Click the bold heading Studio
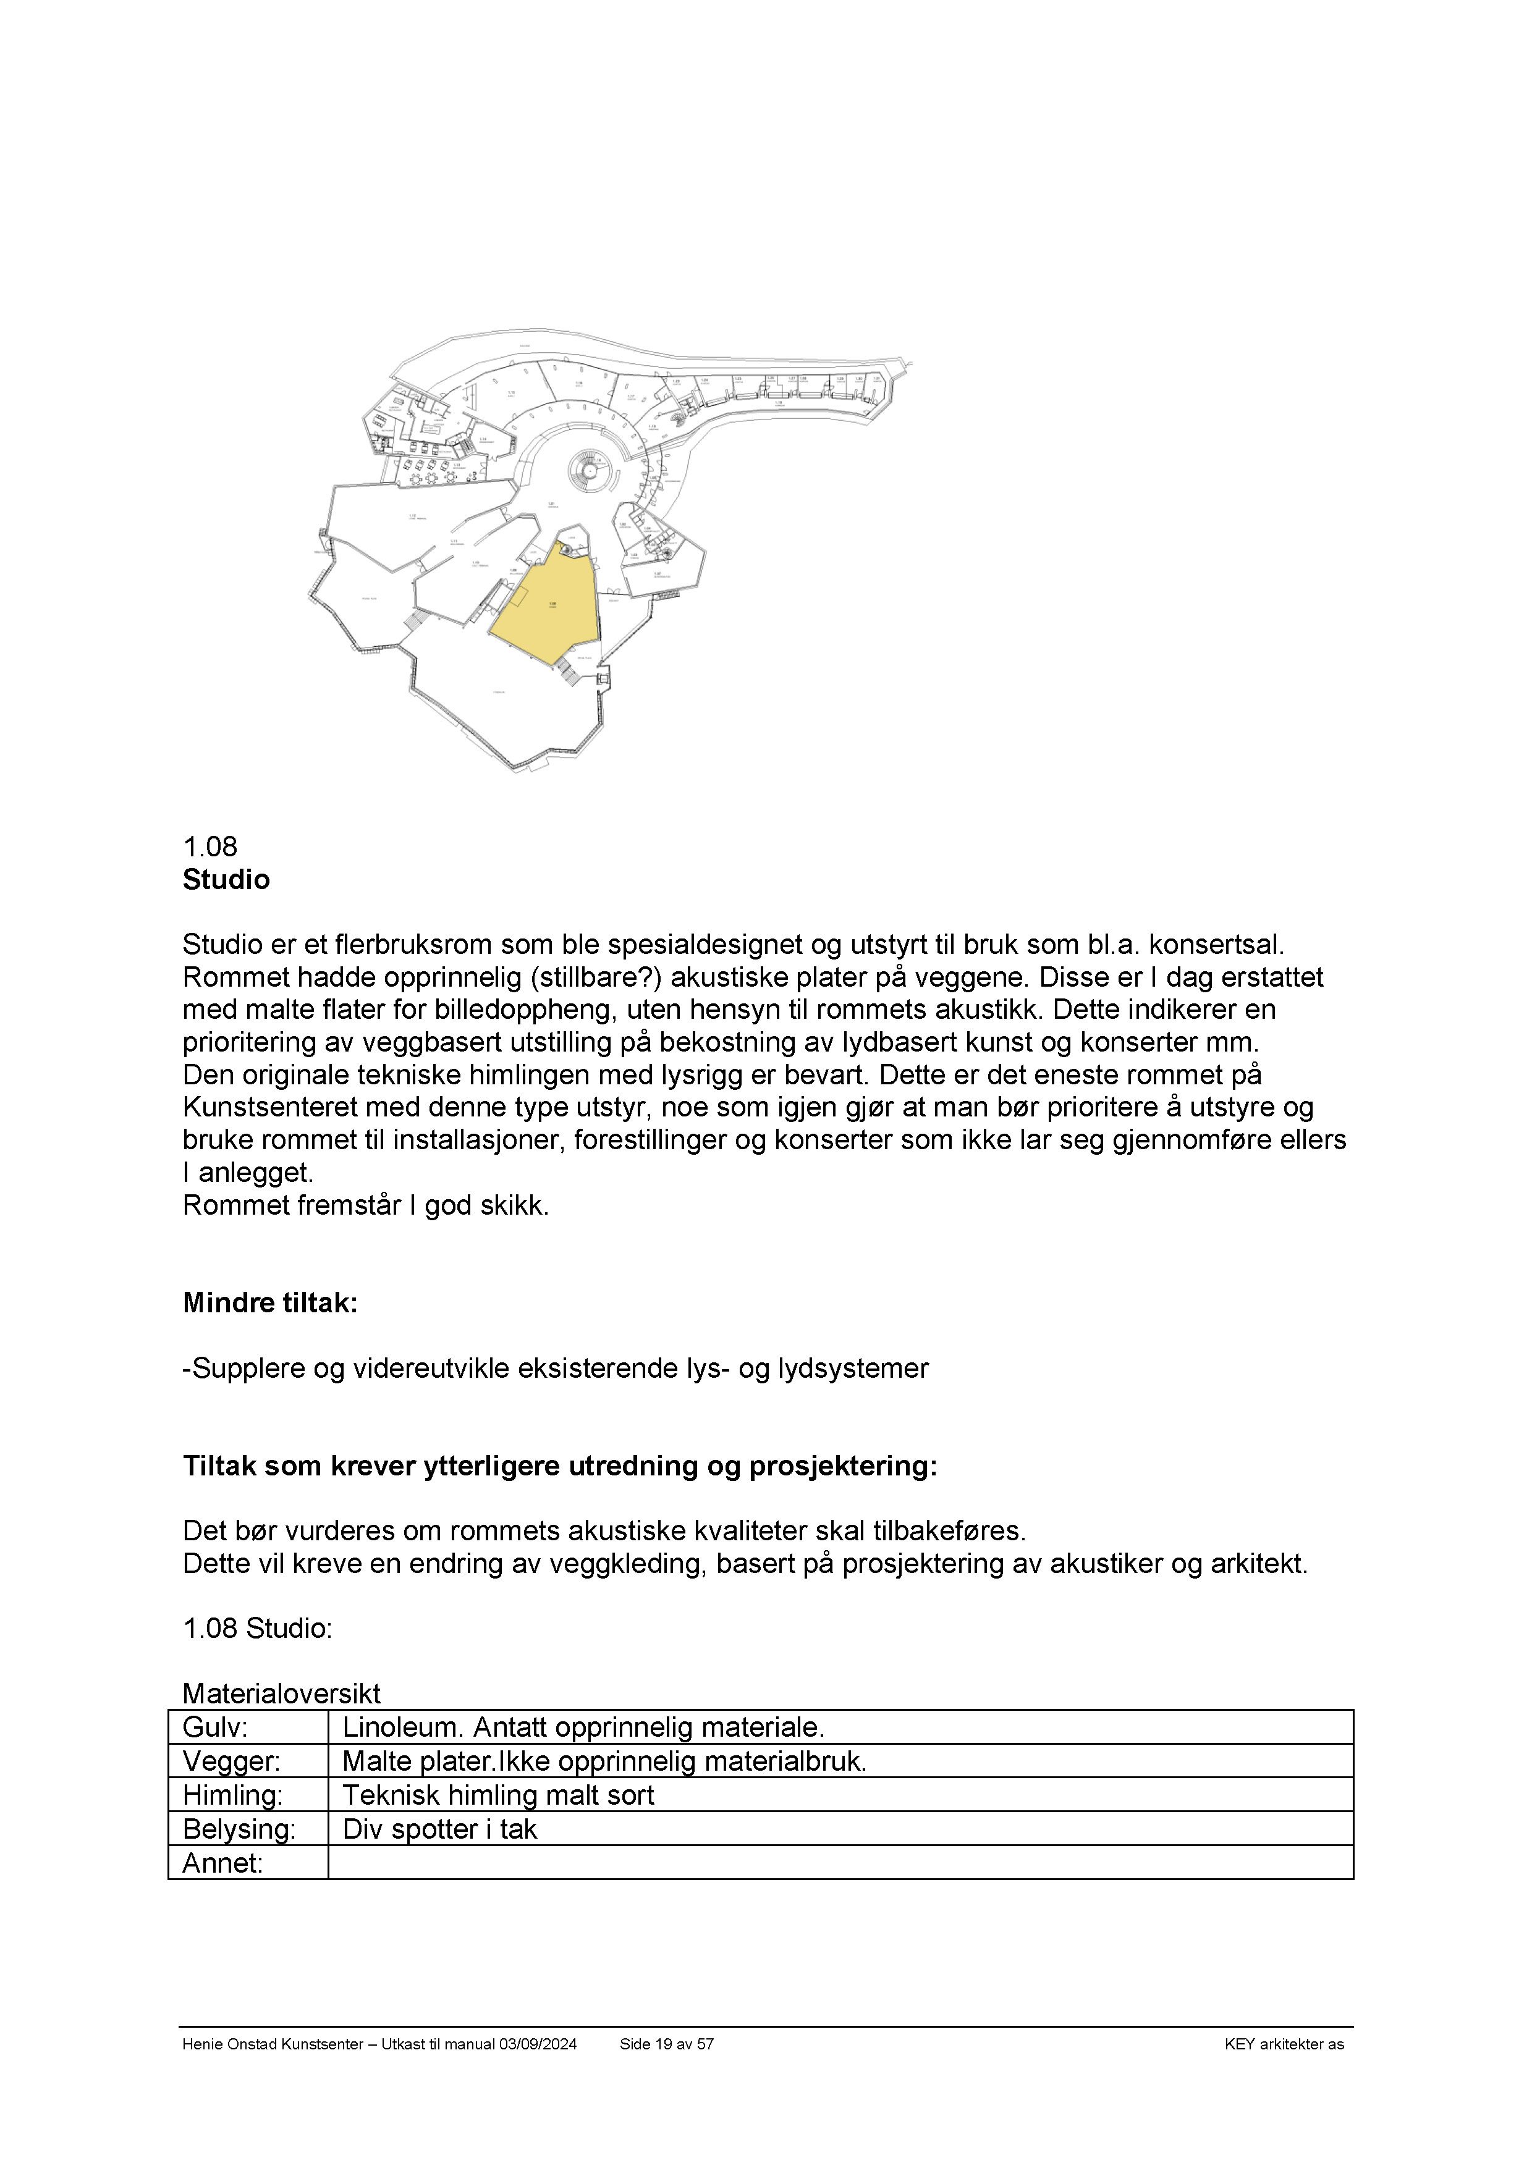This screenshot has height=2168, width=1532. pos(226,880)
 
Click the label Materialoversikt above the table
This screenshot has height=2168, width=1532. pos(281,1693)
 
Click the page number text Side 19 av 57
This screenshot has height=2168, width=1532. pos(666,2044)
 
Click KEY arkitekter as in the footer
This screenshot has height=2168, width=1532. pos(1284,2044)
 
